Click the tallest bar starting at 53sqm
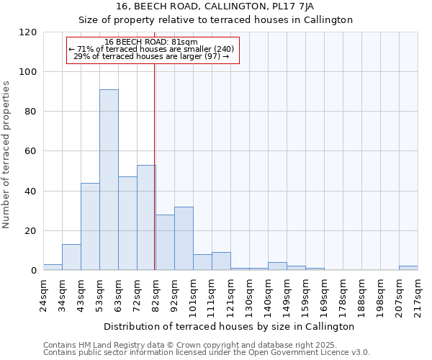click(109, 180)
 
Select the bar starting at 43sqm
click(90, 227)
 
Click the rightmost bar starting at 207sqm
click(408, 268)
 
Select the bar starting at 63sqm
click(127, 224)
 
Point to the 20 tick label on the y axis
click(30, 231)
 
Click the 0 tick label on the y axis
click(33, 271)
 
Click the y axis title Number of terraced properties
click(7, 155)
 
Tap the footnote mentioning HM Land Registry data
click(180, 345)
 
